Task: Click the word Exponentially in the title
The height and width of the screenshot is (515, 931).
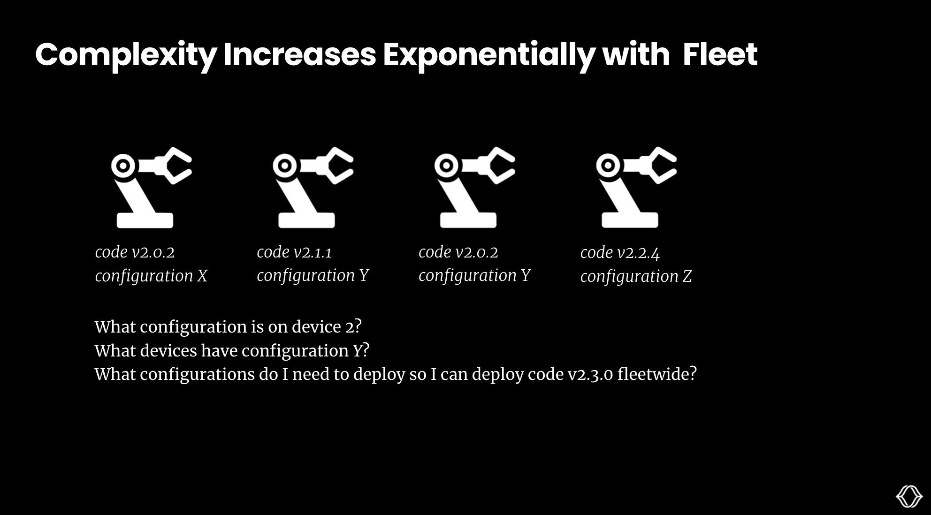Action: [x=488, y=55]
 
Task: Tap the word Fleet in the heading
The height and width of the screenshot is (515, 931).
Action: [x=719, y=55]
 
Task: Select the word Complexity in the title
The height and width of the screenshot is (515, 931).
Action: [x=126, y=55]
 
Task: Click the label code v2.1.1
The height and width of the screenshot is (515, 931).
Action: [x=294, y=252]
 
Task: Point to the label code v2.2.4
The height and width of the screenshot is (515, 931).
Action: [x=620, y=253]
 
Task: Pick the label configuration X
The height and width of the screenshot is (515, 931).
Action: [x=151, y=276]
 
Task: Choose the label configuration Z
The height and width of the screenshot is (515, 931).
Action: [x=636, y=276]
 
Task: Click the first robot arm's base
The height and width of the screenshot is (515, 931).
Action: [x=145, y=220]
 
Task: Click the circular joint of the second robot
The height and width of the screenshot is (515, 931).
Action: [x=284, y=166]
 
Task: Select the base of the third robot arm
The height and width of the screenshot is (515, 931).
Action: [x=468, y=220]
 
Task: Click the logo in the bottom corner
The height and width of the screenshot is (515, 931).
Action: [x=909, y=496]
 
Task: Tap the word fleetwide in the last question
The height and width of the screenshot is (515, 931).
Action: [x=656, y=374]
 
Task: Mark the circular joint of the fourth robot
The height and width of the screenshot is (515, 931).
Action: [x=608, y=166]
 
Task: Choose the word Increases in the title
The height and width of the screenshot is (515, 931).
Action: [x=300, y=55]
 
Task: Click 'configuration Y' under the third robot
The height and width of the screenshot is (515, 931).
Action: [x=474, y=275]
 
